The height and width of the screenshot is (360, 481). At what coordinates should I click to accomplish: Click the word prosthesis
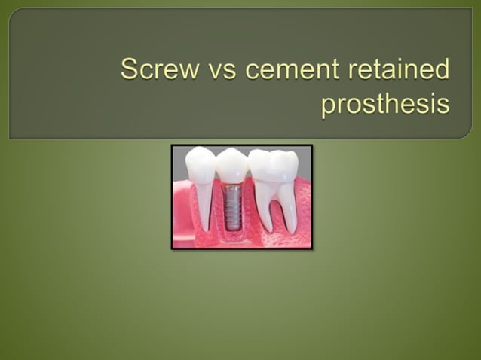coord(385,104)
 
